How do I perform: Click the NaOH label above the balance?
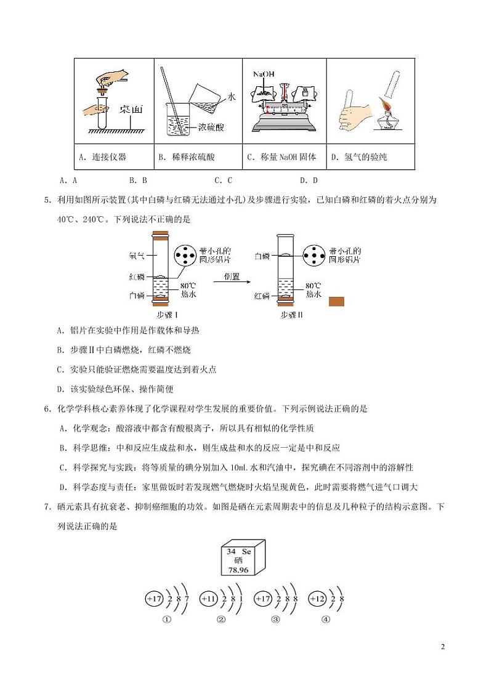pos(263,74)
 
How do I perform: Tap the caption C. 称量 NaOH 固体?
pos(281,157)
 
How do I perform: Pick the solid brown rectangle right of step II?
pos(336,301)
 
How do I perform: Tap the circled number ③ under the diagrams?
pos(275,620)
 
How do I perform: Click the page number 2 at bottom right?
pos(442,646)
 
